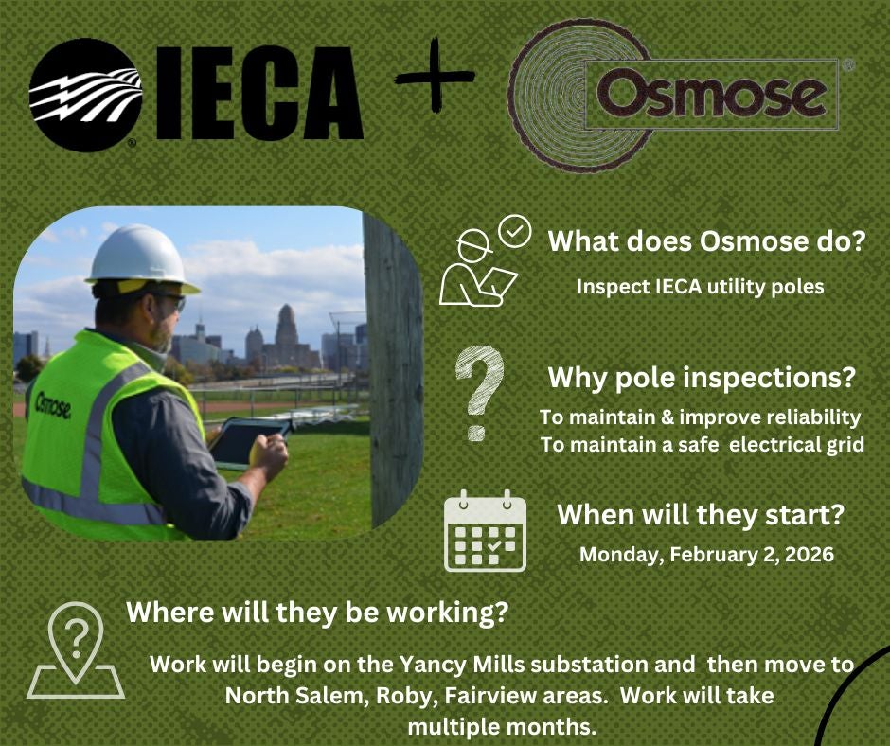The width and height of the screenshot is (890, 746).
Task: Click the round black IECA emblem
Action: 86,95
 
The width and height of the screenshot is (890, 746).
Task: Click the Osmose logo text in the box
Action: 711,95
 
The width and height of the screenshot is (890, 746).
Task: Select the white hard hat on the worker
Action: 139,257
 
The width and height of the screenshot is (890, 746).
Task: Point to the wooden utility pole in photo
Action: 393,369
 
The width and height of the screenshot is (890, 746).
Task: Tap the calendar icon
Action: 485,531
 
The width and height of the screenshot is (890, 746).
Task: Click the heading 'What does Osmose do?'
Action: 707,241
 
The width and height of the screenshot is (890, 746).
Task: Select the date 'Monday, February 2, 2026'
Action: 706,555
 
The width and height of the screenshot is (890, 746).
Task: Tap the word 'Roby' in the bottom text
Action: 406,696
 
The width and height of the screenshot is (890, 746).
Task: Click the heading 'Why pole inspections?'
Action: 703,379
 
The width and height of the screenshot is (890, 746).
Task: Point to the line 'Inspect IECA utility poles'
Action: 700,286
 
